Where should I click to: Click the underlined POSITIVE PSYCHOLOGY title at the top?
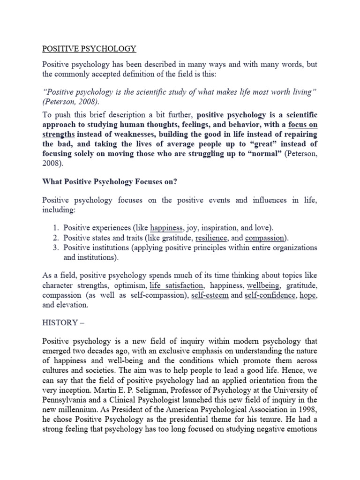coord(89,48)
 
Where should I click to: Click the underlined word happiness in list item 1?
coord(166,228)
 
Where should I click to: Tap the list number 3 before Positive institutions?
coord(55,247)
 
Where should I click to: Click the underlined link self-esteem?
coord(210,295)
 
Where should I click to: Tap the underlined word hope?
coord(308,295)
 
